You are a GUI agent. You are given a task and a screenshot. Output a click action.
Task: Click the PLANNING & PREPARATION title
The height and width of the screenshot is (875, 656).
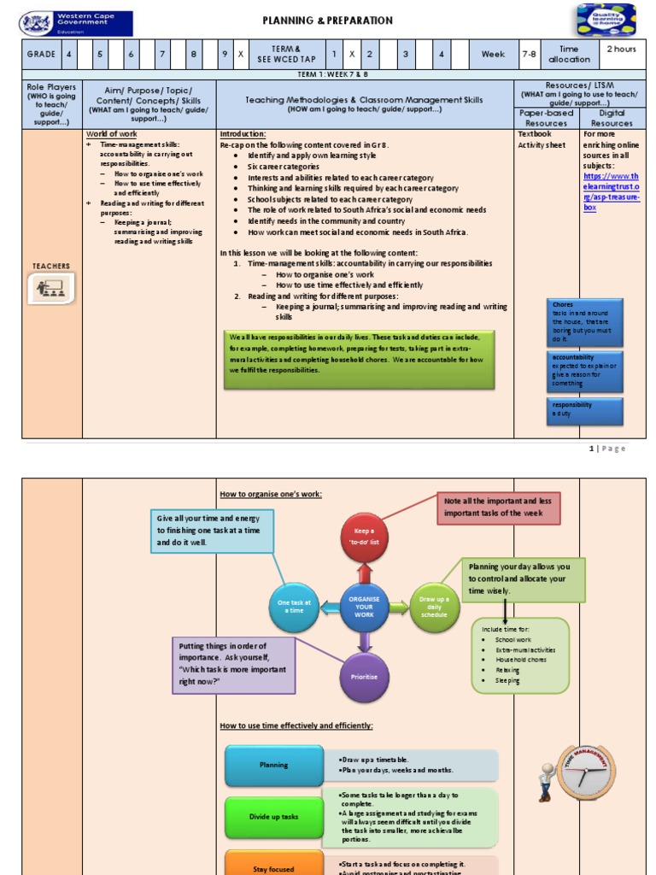[x=327, y=21]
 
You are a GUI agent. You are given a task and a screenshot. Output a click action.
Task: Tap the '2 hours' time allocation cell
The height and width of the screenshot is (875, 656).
[x=621, y=49]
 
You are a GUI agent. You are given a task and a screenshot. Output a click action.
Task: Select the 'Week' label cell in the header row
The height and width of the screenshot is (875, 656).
[x=493, y=54]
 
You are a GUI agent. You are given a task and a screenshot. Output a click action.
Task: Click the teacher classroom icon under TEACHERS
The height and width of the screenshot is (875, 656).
[x=52, y=288]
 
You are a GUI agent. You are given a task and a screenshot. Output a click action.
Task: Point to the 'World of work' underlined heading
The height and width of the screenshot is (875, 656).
[x=111, y=134]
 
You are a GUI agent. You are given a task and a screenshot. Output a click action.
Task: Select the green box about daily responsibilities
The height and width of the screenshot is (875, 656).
[x=358, y=353]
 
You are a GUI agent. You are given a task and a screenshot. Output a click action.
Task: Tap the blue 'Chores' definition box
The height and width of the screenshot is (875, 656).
[x=586, y=321]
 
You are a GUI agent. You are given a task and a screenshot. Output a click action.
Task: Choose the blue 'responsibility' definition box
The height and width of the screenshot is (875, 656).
[x=586, y=409]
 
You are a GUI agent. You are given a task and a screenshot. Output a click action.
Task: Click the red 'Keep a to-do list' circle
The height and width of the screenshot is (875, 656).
[x=365, y=537]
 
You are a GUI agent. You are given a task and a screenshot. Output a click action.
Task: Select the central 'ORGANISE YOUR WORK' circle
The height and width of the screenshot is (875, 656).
[x=365, y=608]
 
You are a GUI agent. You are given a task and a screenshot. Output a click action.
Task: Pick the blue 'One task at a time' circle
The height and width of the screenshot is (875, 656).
[x=294, y=606]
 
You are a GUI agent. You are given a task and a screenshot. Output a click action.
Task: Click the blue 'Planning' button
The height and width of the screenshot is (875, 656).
[x=274, y=766]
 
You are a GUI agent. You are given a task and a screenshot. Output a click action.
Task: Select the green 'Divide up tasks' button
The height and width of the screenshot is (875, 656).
[x=274, y=817]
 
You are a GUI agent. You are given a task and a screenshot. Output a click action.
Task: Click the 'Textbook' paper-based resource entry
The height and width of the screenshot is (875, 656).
[x=535, y=134]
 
